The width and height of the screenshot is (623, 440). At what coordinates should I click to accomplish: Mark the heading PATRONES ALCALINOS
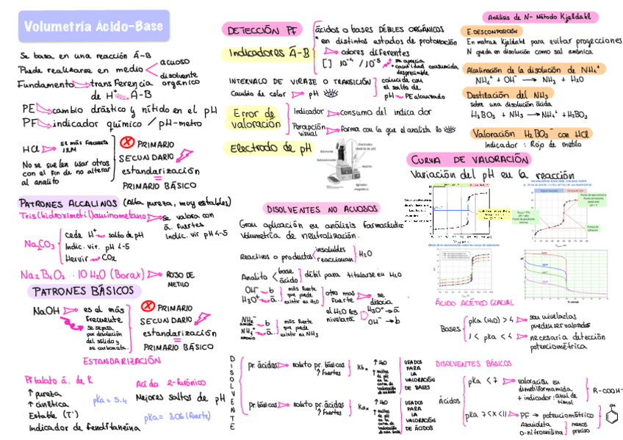point(68,203)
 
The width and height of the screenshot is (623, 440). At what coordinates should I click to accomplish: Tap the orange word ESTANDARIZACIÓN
point(121,361)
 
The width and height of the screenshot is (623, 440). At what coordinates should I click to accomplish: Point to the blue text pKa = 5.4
point(110,400)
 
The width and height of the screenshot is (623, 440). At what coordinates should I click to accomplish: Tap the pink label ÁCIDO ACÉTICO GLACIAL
point(474,303)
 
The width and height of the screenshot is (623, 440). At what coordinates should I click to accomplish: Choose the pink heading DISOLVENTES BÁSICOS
point(473,364)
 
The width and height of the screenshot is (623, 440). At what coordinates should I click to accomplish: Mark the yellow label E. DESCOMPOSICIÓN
point(497,32)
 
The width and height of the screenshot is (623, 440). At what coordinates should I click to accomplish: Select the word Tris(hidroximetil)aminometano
point(82,217)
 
